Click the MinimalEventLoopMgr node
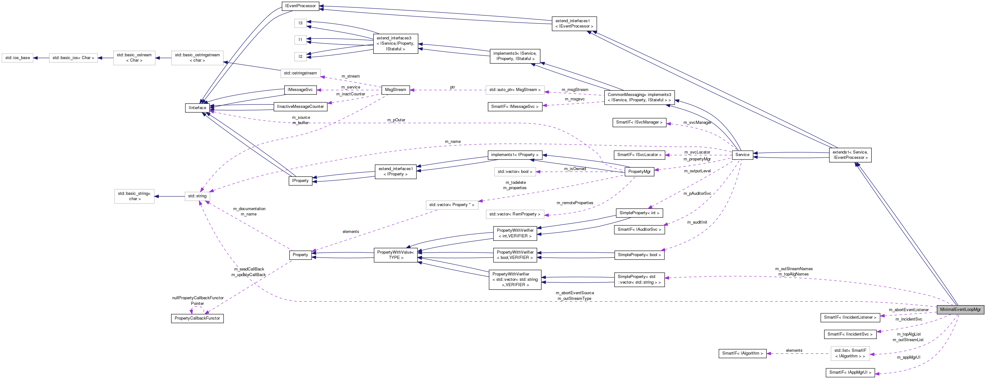960,309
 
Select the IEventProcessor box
301,6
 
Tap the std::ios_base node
18,58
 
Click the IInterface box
197,108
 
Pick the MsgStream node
395,90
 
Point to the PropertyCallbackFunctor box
197,318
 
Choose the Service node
742,154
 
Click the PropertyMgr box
639,172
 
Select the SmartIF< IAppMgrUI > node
850,372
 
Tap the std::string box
197,196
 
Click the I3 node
301,23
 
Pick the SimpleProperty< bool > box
639,255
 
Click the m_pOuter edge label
396,120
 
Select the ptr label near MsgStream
452,87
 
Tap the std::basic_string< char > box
134,196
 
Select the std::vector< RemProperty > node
515,214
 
